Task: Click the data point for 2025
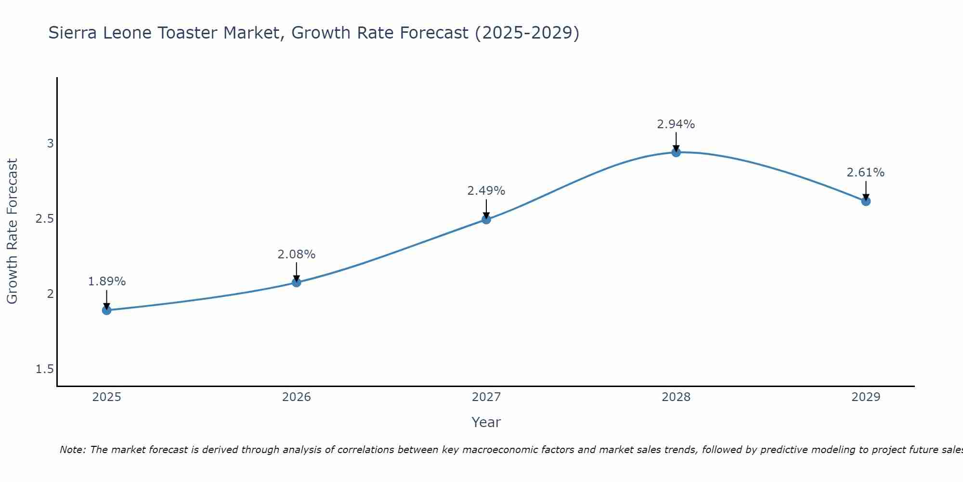[106, 310]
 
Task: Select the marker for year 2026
[296, 282]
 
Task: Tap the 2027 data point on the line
[486, 219]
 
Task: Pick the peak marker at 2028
[676, 152]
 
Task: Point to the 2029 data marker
[866, 201]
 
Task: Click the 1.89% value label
[106, 281]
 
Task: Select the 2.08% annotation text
[296, 254]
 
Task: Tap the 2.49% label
[486, 191]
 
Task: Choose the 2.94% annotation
[676, 124]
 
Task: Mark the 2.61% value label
[866, 173]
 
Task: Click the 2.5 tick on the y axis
[45, 219]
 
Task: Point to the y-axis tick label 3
[50, 144]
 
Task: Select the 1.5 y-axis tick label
[45, 369]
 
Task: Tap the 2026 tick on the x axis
[296, 397]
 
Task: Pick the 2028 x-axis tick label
[676, 397]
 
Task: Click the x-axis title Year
[486, 422]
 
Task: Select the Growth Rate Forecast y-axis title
[13, 231]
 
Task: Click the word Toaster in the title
[251, 33]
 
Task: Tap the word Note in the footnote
[72, 450]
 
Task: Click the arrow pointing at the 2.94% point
[676, 142]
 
